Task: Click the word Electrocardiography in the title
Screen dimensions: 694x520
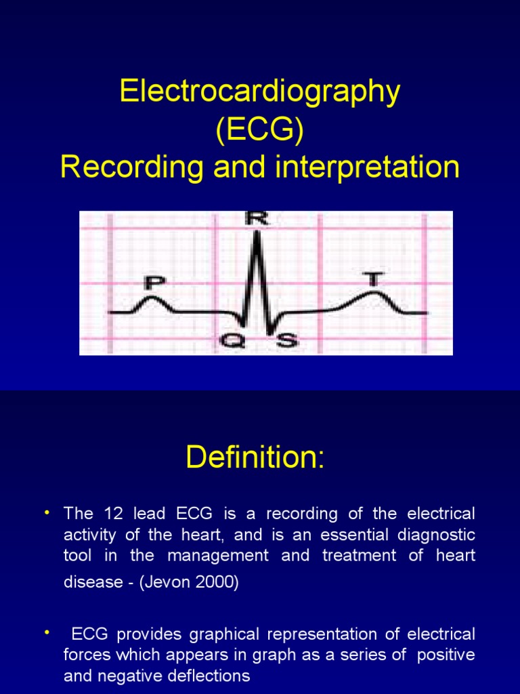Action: click(260, 91)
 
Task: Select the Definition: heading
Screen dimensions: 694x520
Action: click(255, 458)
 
